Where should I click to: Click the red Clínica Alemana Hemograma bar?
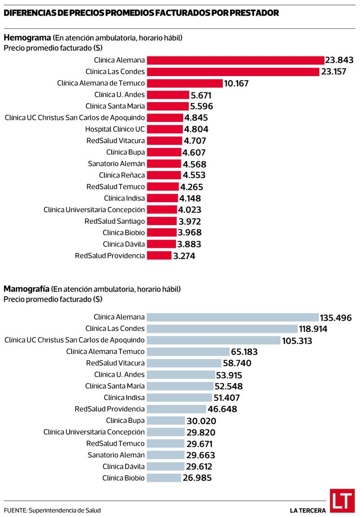pyautogui.click(x=236, y=60)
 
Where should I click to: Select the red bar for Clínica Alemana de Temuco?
pyautogui.click(x=185, y=83)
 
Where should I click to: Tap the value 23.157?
pyautogui.click(x=333, y=72)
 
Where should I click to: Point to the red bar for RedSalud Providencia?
pyautogui.click(x=159, y=256)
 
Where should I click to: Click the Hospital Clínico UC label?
pyautogui.click(x=115, y=129)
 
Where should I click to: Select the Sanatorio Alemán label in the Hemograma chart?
pyautogui.click(x=116, y=163)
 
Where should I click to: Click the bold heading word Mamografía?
pyautogui.click(x=27, y=288)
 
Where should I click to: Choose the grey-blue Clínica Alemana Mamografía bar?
pyautogui.click(x=233, y=317)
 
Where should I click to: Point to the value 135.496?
pyautogui.click(x=336, y=318)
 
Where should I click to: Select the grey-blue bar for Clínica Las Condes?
pyautogui.click(x=222, y=329)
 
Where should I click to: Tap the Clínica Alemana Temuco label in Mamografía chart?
pyautogui.click(x=105, y=351)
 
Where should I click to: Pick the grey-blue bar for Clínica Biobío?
pyautogui.click(x=164, y=478)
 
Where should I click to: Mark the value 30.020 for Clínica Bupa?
pyautogui.click(x=202, y=421)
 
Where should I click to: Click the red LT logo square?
pyautogui.click(x=342, y=501)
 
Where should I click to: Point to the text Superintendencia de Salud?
pyautogui.click(x=64, y=510)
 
